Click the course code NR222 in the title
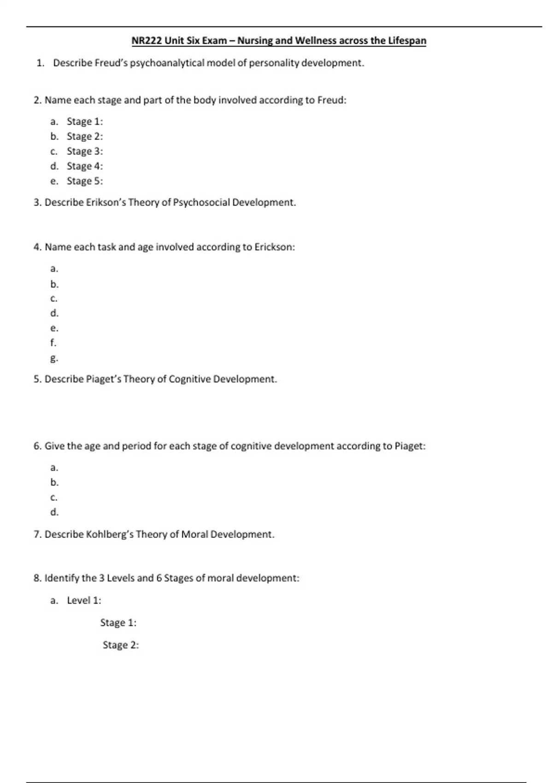point(147,41)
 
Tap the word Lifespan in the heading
point(407,41)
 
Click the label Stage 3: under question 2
point(85,151)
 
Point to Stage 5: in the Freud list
point(85,181)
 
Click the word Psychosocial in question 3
point(201,203)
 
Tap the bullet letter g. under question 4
point(54,358)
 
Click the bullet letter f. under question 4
point(53,343)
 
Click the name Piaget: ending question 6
point(410,446)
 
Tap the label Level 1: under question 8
point(84,600)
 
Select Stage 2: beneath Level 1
point(121,645)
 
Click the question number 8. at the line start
point(37,578)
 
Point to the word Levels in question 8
point(121,578)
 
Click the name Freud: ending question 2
point(332,100)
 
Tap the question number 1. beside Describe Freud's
point(41,63)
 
